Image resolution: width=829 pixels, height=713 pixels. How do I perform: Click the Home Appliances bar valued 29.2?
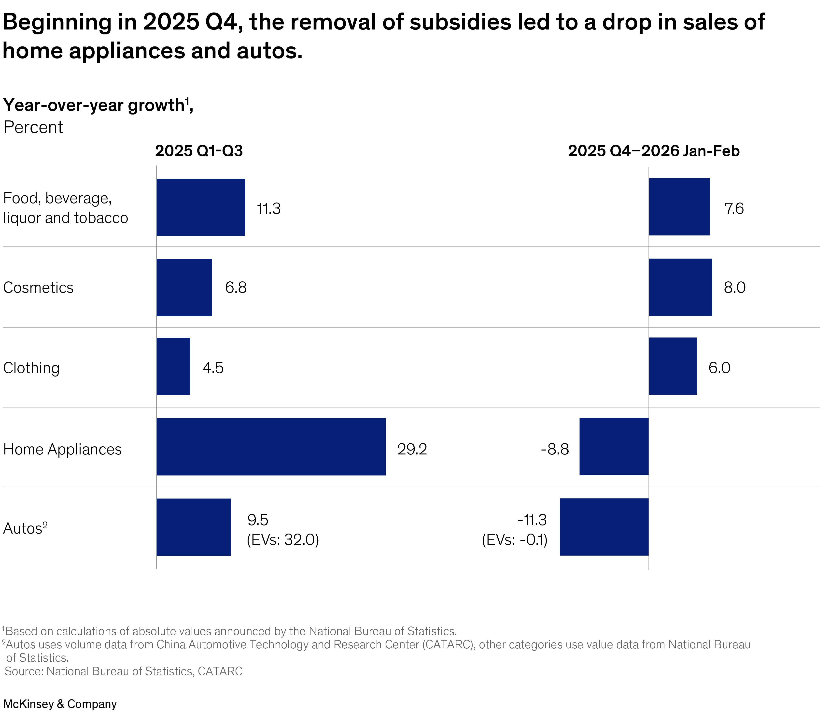pyautogui.click(x=271, y=447)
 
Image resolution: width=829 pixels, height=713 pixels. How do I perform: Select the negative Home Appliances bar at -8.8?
pyautogui.click(x=614, y=447)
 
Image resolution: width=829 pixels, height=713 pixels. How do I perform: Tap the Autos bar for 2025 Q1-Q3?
pyautogui.click(x=194, y=527)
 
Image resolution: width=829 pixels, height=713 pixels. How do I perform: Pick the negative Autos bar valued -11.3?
pyautogui.click(x=604, y=527)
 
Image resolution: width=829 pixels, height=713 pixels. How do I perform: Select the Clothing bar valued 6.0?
pyautogui.click(x=673, y=366)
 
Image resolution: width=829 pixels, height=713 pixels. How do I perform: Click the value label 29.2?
pyautogui.click(x=412, y=449)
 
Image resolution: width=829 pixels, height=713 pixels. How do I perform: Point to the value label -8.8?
pyautogui.click(x=555, y=449)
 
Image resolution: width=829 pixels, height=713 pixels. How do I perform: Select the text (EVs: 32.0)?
pyautogui.click(x=283, y=540)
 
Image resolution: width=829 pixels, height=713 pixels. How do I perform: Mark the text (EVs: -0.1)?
pyautogui.click(x=515, y=540)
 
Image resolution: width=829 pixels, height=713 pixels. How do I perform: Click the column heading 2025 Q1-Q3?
pyautogui.click(x=199, y=151)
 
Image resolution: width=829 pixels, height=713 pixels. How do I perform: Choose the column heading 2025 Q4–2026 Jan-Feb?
pyautogui.click(x=654, y=151)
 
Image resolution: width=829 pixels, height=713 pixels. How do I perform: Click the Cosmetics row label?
pyautogui.click(x=38, y=288)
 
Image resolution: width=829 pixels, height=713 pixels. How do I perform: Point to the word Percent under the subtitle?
pyautogui.click(x=33, y=127)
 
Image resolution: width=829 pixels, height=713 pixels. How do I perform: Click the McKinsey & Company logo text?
pyautogui.click(x=60, y=704)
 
